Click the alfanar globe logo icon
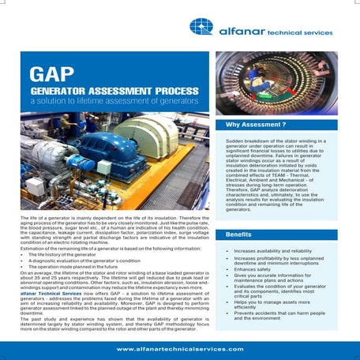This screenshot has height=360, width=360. (201, 27)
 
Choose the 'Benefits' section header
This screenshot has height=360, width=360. (238, 235)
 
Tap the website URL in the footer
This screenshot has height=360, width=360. (180, 348)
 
